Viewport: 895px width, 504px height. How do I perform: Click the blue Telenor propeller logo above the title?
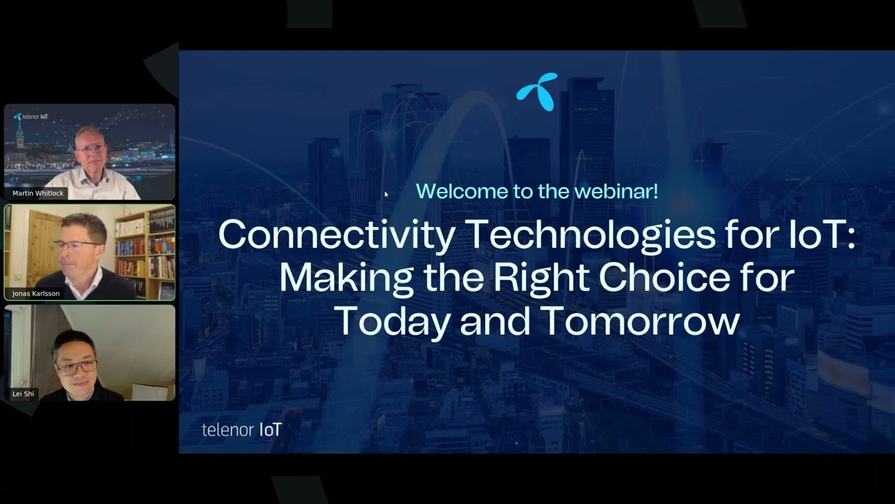click(537, 92)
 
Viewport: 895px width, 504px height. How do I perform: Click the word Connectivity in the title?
click(336, 235)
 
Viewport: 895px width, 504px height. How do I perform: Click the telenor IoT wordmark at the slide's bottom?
click(241, 429)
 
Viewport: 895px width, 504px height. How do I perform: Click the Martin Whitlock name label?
click(38, 193)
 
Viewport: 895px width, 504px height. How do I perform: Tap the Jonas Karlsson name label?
click(36, 293)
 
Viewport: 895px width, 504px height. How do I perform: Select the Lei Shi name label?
click(23, 393)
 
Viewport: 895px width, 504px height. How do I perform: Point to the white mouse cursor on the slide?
click(386, 195)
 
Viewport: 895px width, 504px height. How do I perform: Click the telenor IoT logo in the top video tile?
click(31, 117)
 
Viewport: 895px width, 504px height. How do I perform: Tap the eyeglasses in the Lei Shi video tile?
click(77, 366)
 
